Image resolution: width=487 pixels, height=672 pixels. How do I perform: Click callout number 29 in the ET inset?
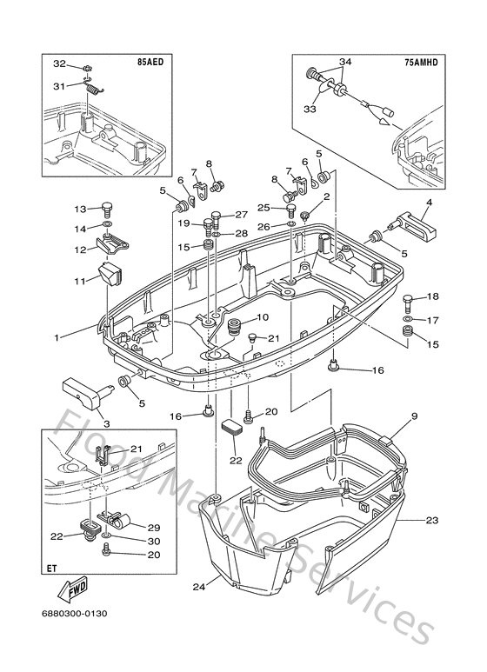154,527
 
